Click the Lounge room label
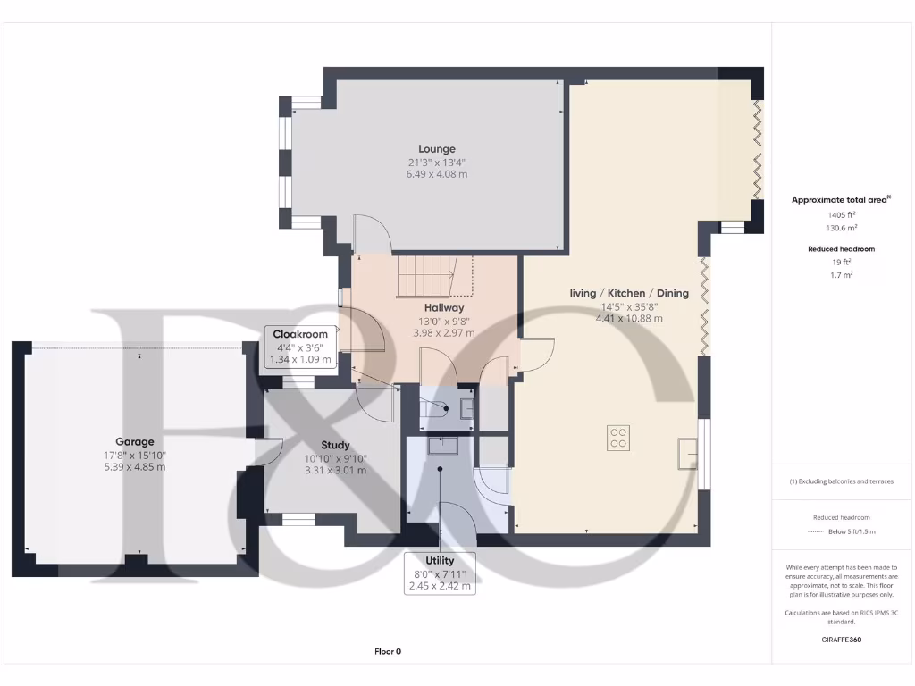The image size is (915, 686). point(437,149)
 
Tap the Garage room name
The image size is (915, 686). point(134,441)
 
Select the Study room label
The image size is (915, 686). point(335,445)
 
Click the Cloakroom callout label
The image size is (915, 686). point(300,334)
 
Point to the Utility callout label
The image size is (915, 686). point(439,560)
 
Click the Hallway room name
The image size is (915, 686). point(443,306)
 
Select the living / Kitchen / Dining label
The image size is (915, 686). point(629,293)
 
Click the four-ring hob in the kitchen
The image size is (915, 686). point(617,437)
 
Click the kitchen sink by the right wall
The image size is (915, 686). point(687,453)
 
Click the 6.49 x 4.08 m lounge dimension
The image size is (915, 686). point(437,174)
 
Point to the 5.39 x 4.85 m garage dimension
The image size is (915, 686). point(134,467)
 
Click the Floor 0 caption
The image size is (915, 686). point(387,651)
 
